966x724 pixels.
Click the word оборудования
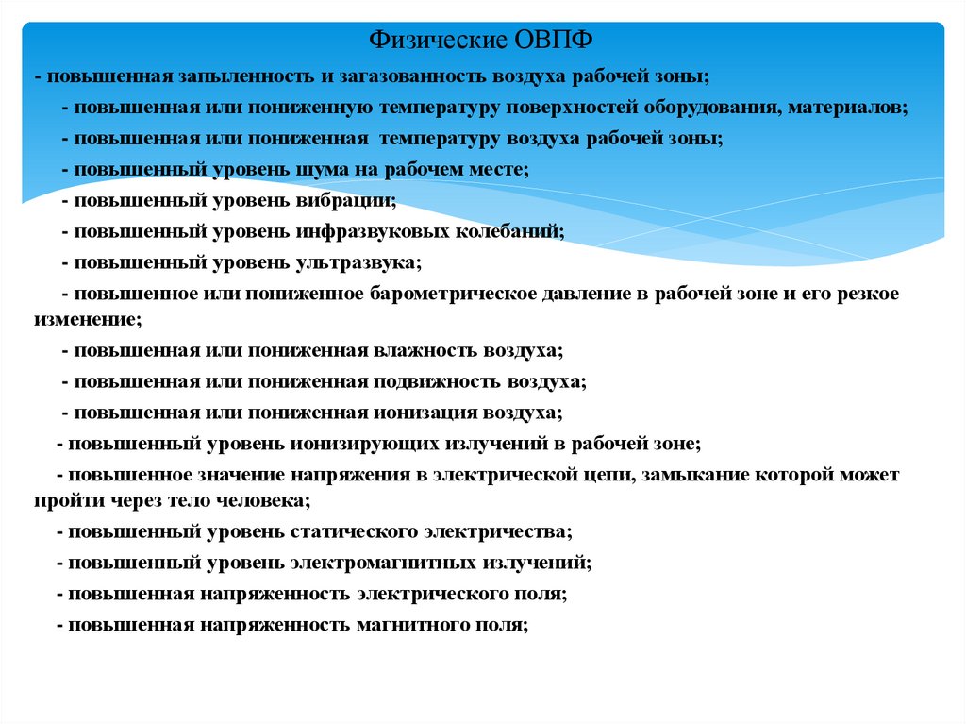[x=702, y=107]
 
